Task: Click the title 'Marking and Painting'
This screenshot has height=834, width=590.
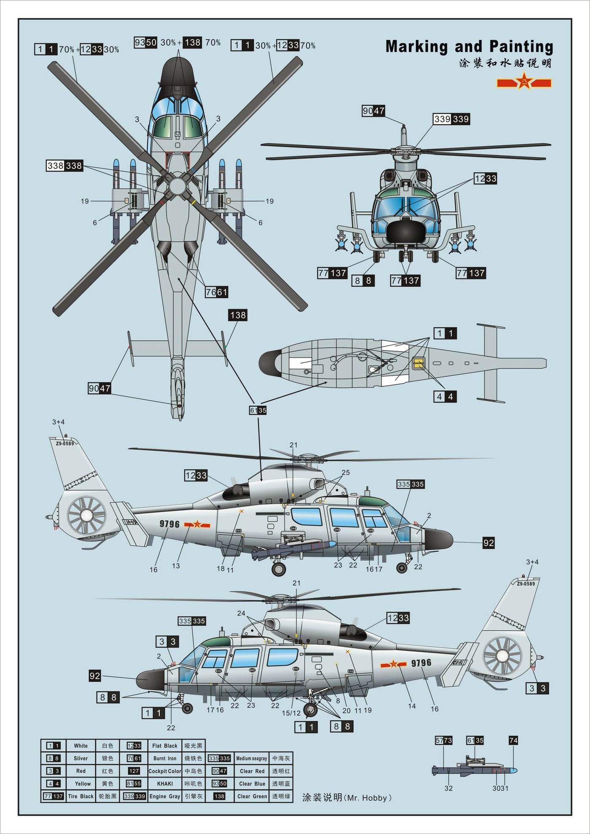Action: [x=469, y=47]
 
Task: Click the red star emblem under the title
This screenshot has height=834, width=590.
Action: [x=524, y=81]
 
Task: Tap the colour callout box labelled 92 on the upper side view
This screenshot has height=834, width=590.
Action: [x=488, y=543]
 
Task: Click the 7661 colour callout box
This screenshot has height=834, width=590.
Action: [x=216, y=292]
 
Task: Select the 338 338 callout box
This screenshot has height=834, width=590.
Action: [x=64, y=166]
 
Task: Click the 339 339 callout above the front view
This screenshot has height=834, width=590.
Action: [x=451, y=119]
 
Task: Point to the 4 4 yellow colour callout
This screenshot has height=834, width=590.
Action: [x=445, y=396]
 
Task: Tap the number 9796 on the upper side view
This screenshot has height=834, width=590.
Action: [x=169, y=524]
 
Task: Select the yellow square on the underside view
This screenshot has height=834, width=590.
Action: [x=418, y=363]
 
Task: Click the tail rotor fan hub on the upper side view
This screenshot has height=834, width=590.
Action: [x=86, y=515]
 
